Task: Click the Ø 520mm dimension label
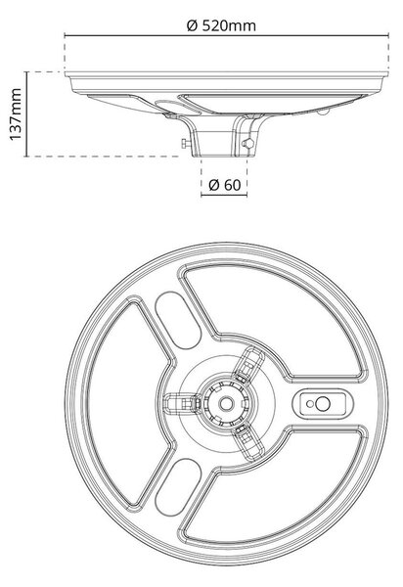(221, 25)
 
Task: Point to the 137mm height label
(16, 114)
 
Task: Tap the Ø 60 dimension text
(225, 185)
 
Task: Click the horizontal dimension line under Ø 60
(224, 195)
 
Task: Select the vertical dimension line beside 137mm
(26, 114)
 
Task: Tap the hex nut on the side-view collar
(247, 143)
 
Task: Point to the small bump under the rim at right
(323, 112)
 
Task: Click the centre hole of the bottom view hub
(226, 403)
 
